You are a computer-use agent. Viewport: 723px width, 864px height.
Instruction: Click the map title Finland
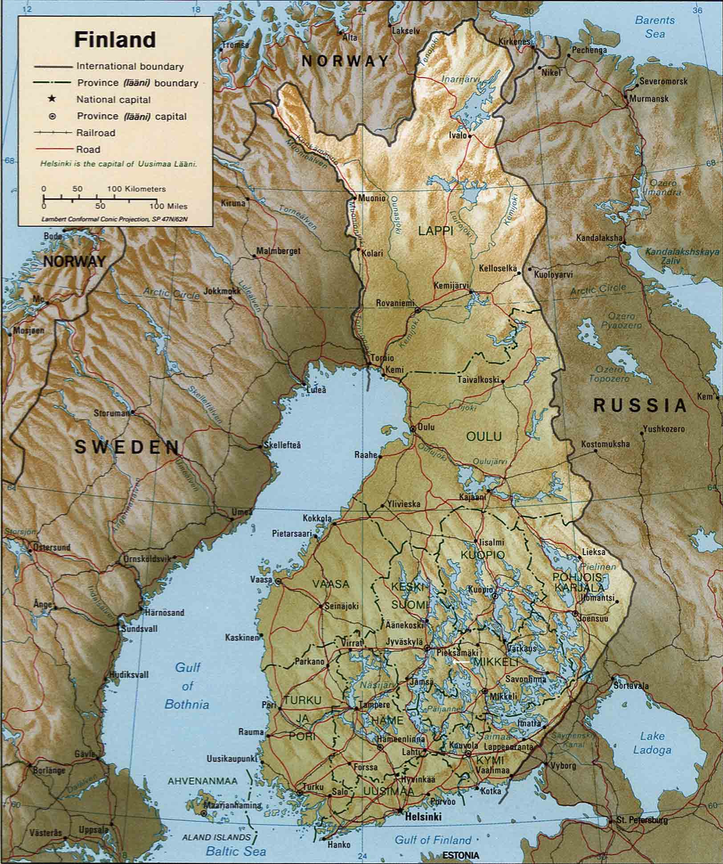(115, 40)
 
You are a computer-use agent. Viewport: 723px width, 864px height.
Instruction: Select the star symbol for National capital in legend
(52, 99)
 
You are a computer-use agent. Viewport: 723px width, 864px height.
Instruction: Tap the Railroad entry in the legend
(95, 133)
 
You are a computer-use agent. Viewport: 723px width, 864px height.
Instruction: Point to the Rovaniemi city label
(394, 303)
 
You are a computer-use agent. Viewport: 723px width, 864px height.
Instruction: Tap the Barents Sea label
(654, 27)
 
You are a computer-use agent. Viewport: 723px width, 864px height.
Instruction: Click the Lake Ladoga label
(652, 743)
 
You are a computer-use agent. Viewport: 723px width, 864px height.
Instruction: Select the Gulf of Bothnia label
(187, 686)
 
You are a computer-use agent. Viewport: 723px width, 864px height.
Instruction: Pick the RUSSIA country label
(640, 406)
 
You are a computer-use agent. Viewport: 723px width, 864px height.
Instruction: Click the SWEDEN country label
(127, 447)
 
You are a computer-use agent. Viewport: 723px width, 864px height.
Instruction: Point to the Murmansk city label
(649, 99)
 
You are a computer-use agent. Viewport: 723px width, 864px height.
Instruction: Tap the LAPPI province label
(435, 230)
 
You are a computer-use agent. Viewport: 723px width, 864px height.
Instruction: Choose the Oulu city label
(426, 427)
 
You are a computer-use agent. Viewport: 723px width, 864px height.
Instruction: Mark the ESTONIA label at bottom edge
(461, 855)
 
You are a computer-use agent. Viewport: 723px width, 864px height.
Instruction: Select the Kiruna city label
(233, 203)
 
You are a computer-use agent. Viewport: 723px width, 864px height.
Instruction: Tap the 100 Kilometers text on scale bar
(136, 189)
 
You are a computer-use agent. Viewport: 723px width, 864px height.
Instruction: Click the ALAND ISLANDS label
(216, 837)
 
